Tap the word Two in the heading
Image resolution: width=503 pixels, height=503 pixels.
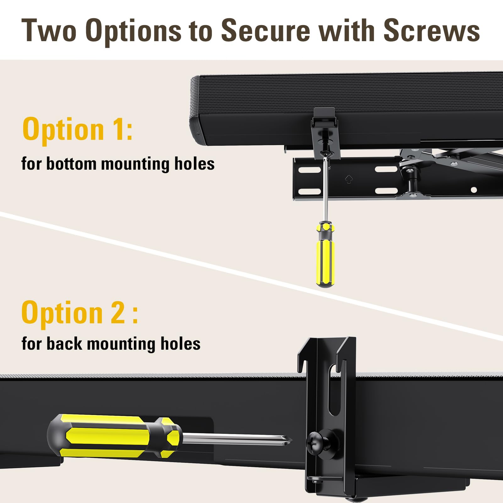coord(49,30)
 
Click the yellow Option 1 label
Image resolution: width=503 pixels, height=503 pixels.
coord(77,129)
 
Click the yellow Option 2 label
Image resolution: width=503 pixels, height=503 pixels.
coord(79,312)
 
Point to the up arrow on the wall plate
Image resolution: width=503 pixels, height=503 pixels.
coord(349,179)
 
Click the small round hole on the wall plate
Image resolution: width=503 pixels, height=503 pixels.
coord(474,190)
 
